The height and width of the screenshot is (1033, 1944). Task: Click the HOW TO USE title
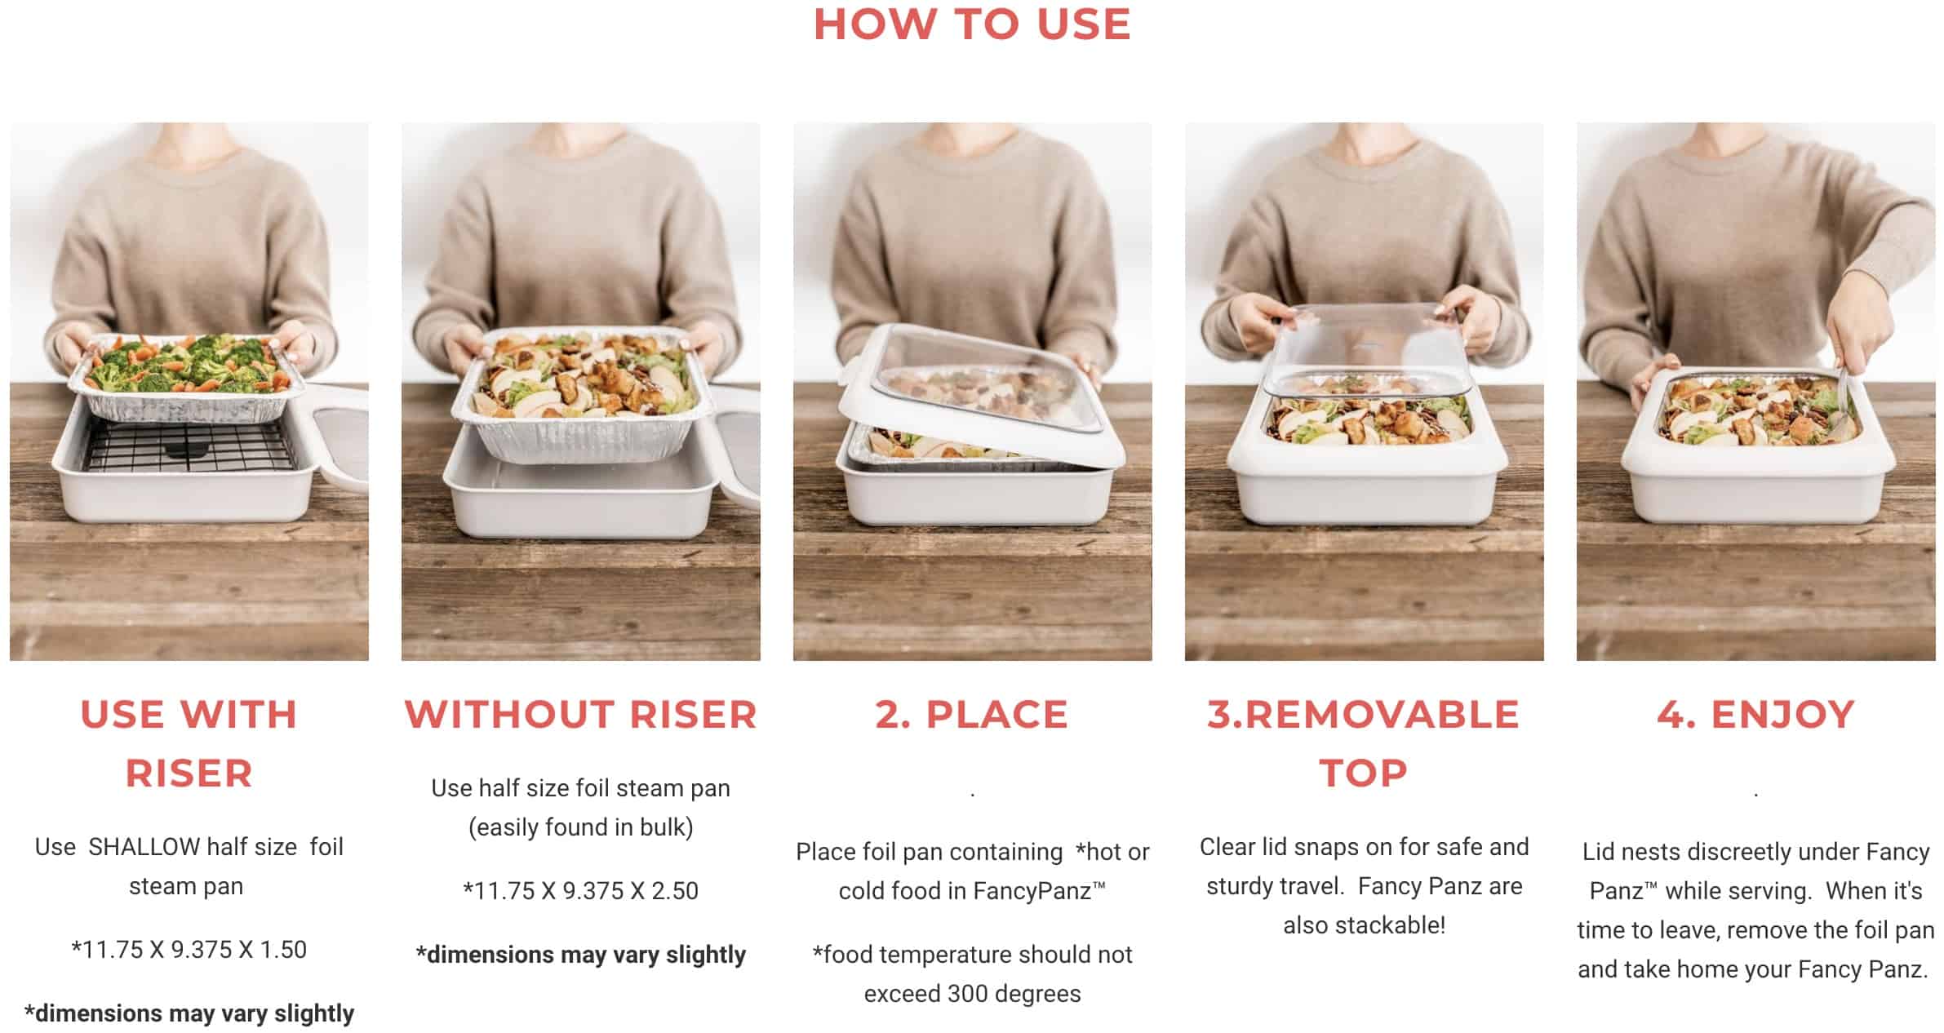tap(972, 24)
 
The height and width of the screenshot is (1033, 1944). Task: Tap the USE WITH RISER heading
tap(189, 743)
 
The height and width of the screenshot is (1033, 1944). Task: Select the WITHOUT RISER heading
tap(580, 715)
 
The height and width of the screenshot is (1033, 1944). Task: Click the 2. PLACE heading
tap(972, 715)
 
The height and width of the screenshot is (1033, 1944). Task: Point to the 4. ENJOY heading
tap(1755, 715)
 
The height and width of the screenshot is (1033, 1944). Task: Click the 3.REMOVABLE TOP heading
tap(1364, 743)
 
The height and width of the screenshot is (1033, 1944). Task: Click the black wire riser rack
tap(189, 447)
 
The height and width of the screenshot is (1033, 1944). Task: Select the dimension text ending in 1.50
tap(189, 950)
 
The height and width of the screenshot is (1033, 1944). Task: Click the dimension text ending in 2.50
tap(580, 891)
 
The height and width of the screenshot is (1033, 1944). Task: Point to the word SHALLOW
tap(144, 847)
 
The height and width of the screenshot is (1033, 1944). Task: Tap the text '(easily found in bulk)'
tap(580, 827)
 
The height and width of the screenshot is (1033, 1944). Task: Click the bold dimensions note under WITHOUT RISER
tap(580, 955)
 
